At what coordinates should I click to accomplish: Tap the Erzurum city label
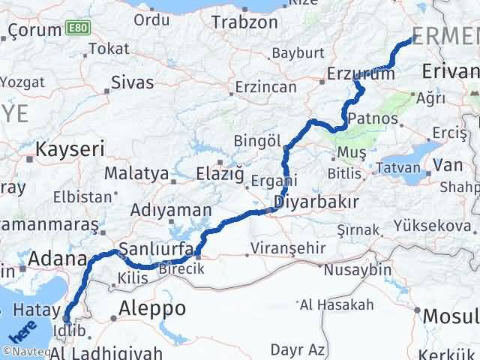[x=361, y=74]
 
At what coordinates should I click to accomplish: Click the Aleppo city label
[x=152, y=307]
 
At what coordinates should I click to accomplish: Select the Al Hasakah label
[x=336, y=304]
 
